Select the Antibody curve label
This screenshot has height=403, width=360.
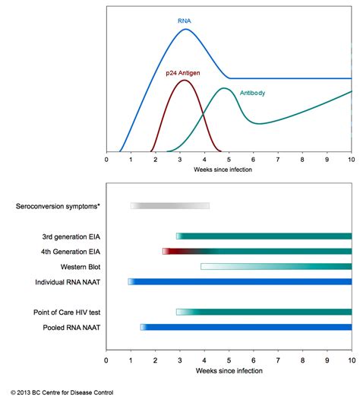[x=253, y=94]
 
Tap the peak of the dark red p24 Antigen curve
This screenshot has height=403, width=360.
[x=182, y=80]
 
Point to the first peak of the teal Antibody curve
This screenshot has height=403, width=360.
[x=225, y=88]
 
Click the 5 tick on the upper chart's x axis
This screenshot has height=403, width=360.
[x=229, y=161]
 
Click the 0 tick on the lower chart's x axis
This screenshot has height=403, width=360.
[x=106, y=361]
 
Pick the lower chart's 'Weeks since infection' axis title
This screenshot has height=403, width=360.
[x=228, y=370]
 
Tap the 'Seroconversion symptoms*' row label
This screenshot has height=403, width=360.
[x=58, y=206]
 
